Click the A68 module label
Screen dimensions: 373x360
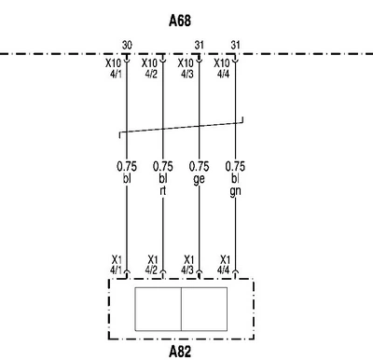(x=180, y=21)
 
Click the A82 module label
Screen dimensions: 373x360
(x=180, y=352)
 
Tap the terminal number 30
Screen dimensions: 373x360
(x=127, y=46)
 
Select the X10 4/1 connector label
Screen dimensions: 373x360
(x=114, y=69)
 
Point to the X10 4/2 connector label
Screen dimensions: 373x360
(x=149, y=69)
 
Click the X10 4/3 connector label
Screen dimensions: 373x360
(x=186, y=69)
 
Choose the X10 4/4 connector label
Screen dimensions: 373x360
(x=222, y=69)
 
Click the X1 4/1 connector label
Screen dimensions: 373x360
(x=117, y=265)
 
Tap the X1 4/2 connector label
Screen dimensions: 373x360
(x=152, y=265)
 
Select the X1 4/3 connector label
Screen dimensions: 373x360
(x=188, y=265)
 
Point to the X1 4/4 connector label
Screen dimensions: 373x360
(x=224, y=265)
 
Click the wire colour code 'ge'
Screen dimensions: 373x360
(x=199, y=179)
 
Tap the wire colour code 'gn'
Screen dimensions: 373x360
(x=235, y=191)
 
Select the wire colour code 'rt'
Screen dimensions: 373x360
(x=163, y=191)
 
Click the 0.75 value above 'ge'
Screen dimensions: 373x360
(x=199, y=166)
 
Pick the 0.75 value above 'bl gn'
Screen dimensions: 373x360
(x=235, y=166)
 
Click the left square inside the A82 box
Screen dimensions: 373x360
(x=158, y=309)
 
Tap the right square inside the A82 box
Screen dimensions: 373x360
(x=204, y=309)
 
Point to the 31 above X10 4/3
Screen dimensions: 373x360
(x=200, y=46)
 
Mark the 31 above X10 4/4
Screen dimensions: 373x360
(x=235, y=46)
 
